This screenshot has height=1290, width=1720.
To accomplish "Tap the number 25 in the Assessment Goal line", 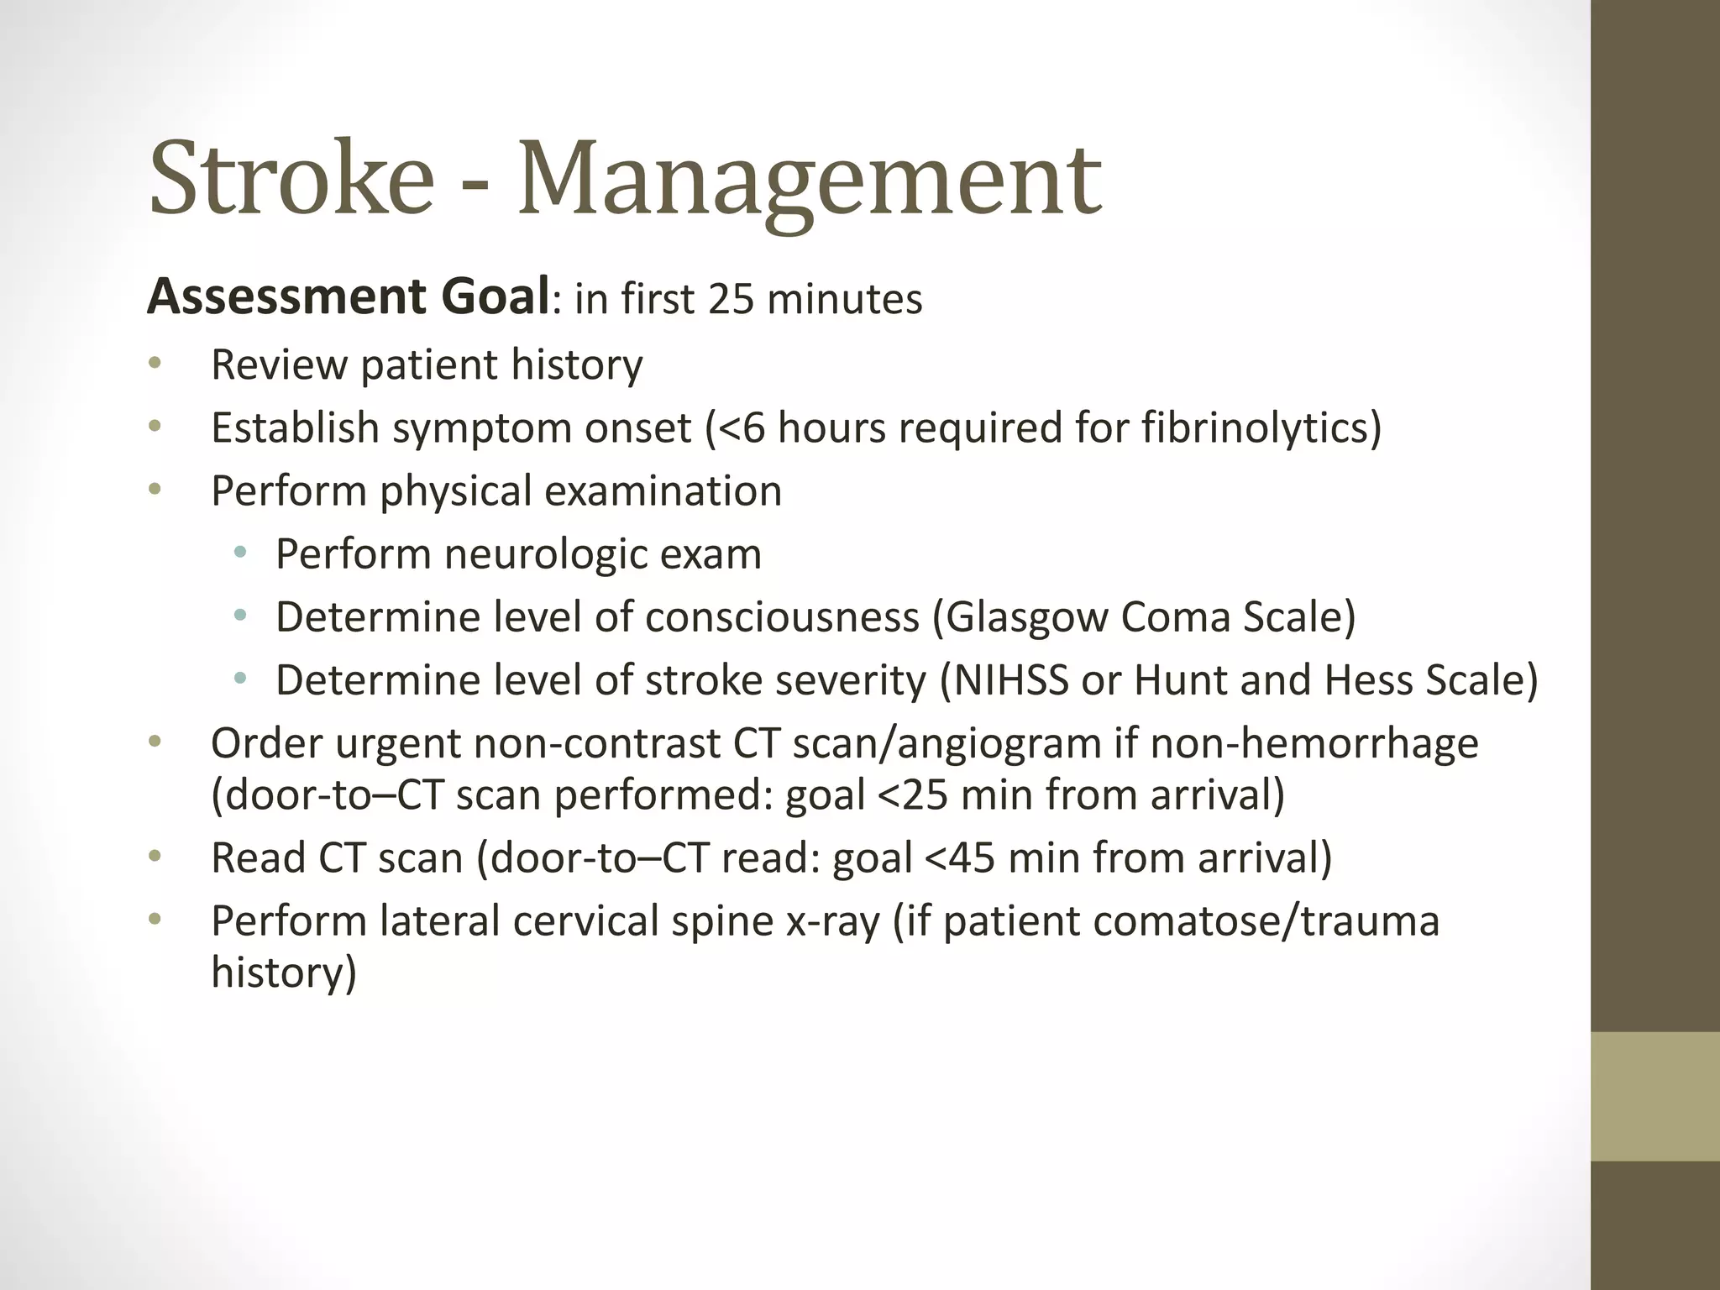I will [x=732, y=299].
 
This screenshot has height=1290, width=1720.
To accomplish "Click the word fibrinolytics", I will [x=1261, y=428].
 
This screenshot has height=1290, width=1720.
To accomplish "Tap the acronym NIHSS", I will [x=1011, y=680].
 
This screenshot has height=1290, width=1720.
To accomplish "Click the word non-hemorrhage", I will [x=1314, y=744].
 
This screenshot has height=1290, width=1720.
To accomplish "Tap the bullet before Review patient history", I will [x=154, y=364].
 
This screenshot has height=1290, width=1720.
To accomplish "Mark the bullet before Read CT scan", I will [x=154, y=857].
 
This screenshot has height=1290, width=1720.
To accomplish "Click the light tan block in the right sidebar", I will [x=1654, y=1097].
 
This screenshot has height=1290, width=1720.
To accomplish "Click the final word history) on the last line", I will [x=284, y=973].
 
